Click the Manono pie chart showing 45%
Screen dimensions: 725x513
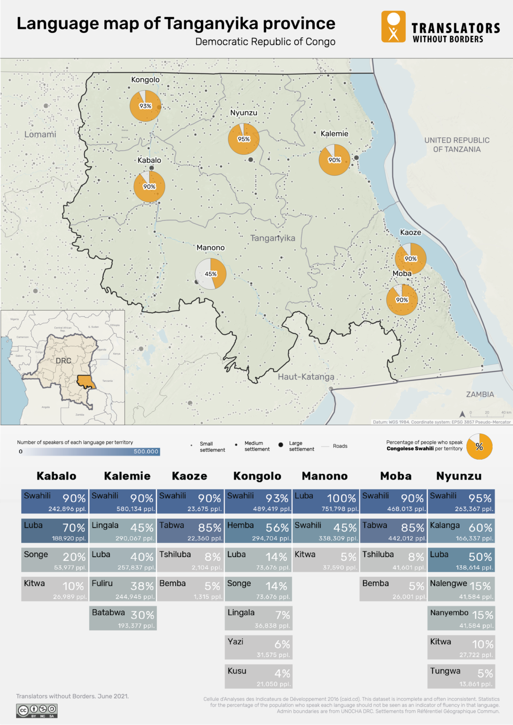click(x=211, y=274)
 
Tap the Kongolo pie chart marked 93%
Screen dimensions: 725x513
click(x=145, y=106)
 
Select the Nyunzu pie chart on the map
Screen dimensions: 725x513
click(x=244, y=139)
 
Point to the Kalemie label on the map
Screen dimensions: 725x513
click(x=334, y=134)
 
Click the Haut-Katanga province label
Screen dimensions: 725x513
click(x=306, y=377)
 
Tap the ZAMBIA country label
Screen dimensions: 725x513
click(x=479, y=394)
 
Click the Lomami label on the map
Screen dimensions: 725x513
click(x=40, y=135)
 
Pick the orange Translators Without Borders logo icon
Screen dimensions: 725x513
click(x=393, y=27)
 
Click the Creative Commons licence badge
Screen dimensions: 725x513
click(x=37, y=710)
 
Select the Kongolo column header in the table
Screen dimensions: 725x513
click(x=257, y=476)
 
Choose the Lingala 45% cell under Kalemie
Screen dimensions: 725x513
click(x=123, y=531)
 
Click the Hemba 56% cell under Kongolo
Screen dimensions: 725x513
click(x=258, y=531)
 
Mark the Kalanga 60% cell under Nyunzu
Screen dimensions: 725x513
click(x=461, y=531)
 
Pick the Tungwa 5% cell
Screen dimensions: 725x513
click(x=461, y=677)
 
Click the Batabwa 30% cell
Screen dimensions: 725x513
click(x=123, y=618)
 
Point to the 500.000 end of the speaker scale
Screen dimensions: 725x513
click(x=146, y=452)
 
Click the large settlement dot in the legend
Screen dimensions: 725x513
click(x=281, y=445)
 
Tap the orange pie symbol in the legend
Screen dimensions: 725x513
click(x=479, y=447)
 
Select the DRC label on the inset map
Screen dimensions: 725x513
click(x=63, y=361)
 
